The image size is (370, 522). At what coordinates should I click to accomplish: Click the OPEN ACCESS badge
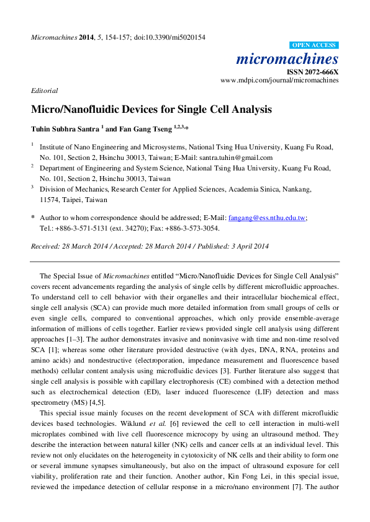315,45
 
